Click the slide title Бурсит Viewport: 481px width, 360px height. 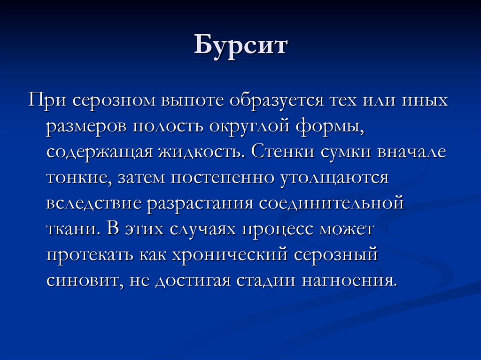click(240, 47)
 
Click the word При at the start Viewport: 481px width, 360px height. click(45, 101)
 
